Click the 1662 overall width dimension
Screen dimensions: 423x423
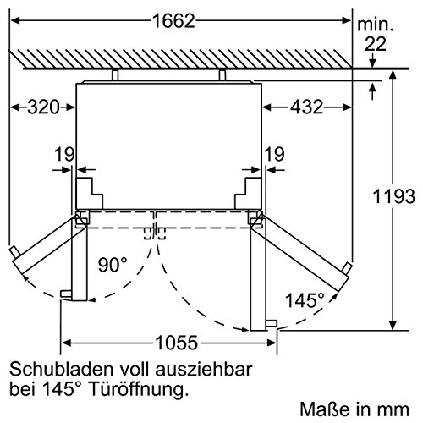click(173, 20)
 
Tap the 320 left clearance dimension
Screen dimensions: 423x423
click(43, 107)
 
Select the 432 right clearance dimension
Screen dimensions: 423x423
click(307, 107)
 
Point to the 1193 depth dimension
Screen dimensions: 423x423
click(394, 196)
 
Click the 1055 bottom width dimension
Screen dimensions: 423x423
click(177, 343)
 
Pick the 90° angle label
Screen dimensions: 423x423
click(113, 265)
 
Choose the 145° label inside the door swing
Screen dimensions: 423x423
click(305, 300)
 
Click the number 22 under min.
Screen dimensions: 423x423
click(376, 44)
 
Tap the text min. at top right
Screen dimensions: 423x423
click(376, 25)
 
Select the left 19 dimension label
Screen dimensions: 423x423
click(64, 154)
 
